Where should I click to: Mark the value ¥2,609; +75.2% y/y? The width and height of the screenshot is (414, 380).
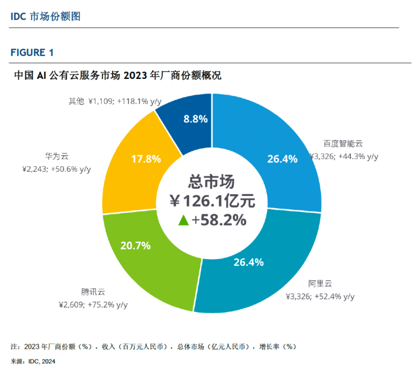[93, 305]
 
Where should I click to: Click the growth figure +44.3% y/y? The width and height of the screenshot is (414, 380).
[358, 157]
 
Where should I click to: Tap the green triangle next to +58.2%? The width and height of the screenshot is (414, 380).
[183, 221]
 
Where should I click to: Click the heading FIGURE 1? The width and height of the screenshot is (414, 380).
[32, 53]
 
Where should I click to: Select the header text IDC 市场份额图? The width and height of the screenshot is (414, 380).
[45, 16]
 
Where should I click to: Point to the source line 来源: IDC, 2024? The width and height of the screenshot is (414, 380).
[33, 362]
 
